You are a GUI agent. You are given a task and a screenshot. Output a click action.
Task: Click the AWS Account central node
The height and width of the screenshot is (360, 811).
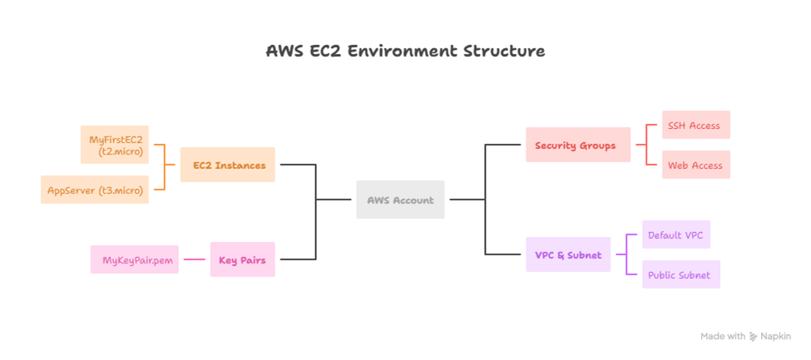tap(400, 200)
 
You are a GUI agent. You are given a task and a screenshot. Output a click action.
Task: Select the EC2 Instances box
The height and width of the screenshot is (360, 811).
tap(228, 165)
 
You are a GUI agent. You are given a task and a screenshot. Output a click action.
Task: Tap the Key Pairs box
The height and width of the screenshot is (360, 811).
tap(242, 260)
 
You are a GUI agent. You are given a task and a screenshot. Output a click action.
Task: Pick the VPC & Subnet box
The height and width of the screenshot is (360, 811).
tap(568, 255)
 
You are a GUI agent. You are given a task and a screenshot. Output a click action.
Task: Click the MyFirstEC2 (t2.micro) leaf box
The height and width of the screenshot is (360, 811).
tap(115, 145)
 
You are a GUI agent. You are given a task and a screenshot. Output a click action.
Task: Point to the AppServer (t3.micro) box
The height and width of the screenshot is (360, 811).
tap(95, 190)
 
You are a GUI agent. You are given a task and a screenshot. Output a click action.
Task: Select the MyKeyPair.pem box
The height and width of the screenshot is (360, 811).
tap(134, 260)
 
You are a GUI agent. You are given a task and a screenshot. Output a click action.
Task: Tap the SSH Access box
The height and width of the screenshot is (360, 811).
tap(695, 126)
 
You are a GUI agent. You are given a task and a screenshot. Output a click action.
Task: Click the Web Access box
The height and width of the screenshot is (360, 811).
tap(695, 165)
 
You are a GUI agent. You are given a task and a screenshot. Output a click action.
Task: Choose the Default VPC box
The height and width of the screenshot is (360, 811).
tap(675, 235)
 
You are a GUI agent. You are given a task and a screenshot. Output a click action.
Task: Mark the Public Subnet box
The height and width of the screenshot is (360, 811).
tap(680, 275)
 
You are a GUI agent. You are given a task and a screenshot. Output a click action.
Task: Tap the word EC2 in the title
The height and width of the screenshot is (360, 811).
tap(322, 51)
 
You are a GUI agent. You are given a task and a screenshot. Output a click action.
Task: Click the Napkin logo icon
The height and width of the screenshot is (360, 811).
tap(754, 337)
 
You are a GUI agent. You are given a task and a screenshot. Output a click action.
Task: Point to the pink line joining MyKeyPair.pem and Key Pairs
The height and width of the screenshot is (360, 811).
tap(194, 260)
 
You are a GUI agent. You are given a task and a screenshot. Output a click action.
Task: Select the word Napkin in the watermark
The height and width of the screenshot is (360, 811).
tap(775, 337)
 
